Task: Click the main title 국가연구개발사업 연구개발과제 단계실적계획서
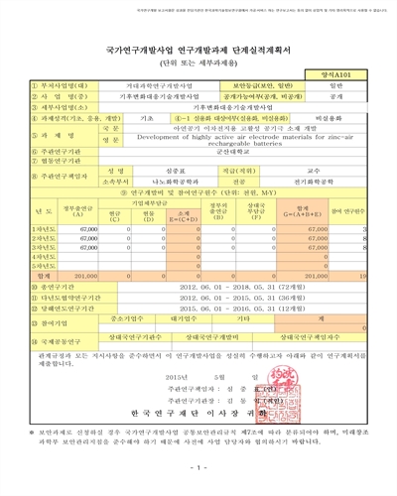(198, 42)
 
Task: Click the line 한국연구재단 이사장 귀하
(199, 411)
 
